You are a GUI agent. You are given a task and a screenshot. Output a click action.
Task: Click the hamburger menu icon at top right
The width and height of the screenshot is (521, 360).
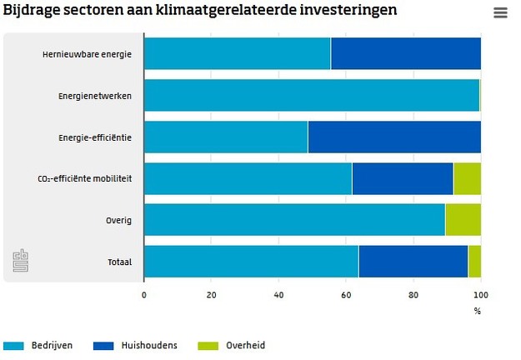point(500,12)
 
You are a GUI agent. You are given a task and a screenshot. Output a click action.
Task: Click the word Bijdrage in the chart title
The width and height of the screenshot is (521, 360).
point(31,10)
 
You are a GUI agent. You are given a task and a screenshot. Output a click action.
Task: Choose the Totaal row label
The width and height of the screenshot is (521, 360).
point(120,262)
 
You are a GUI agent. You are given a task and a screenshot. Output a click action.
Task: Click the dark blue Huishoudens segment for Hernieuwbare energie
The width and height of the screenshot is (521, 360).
point(406,54)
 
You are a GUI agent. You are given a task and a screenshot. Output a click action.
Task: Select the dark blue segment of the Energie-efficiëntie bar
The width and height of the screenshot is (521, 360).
point(394,137)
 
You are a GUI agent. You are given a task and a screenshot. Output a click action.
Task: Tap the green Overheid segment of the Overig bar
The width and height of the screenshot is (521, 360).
point(463,220)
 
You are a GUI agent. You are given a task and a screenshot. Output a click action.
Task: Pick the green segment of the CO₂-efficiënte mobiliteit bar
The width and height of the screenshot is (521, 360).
point(467,178)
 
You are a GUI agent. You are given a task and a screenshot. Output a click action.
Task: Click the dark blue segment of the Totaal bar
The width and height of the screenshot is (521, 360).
point(413,262)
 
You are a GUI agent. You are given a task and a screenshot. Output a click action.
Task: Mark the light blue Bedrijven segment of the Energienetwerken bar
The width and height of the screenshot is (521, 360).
point(312,95)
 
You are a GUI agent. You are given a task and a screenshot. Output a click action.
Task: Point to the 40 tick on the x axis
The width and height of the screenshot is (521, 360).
point(279,295)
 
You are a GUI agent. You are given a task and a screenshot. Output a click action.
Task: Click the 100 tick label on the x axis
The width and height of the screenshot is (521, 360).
point(480,295)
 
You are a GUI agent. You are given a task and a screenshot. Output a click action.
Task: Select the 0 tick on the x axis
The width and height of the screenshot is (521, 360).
point(144,295)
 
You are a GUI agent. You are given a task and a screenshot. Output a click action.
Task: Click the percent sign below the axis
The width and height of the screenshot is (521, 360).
point(478,311)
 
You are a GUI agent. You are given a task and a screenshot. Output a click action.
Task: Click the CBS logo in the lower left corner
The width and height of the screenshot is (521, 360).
point(22,261)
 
